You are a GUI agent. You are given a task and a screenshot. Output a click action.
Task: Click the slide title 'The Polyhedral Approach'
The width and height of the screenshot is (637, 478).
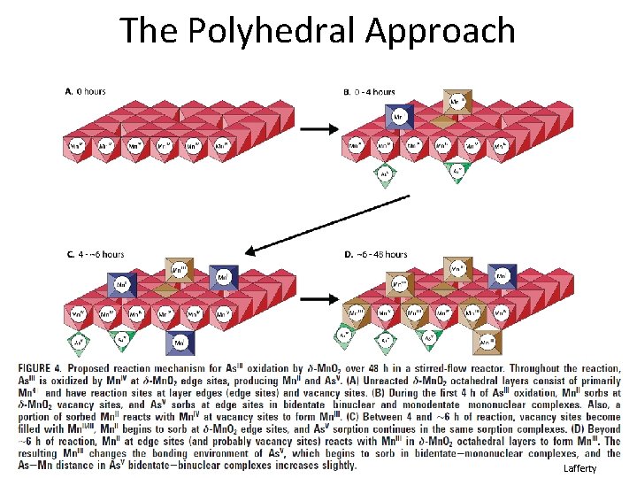coord(318,30)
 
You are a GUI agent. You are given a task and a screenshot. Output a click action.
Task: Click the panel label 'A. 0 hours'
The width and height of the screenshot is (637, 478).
coord(86,91)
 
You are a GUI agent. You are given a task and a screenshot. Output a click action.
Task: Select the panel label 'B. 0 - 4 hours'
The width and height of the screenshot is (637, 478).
coord(368,91)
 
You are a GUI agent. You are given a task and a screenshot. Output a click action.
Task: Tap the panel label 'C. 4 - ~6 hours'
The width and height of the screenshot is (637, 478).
coord(95,255)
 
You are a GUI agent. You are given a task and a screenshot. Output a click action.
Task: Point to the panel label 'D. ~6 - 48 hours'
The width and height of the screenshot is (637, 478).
coord(375,255)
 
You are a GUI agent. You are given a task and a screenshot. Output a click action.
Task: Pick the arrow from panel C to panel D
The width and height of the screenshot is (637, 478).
coord(316,301)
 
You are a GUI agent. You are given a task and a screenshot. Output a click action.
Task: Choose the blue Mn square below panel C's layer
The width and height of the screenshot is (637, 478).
coord(180,342)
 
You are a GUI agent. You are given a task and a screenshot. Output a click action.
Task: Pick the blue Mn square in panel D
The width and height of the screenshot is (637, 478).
coord(502,277)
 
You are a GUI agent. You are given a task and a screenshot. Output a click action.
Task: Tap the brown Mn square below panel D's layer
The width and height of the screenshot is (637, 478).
coord(486,340)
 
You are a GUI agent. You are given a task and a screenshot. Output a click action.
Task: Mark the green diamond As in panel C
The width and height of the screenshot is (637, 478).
coord(79,339)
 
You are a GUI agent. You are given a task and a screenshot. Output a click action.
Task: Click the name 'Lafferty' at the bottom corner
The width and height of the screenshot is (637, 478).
coord(579,468)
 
